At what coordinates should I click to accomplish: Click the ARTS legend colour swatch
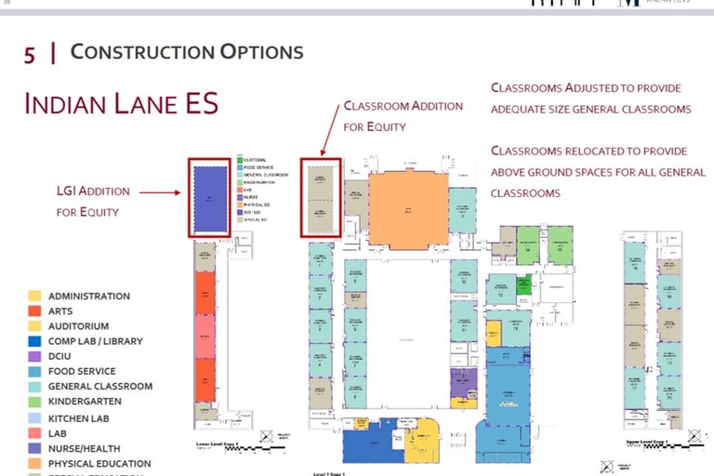[34, 311]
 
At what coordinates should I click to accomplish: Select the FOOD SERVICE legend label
[82, 371]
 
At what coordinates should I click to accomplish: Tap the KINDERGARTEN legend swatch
[34, 402]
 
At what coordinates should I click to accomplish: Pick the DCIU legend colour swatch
[34, 356]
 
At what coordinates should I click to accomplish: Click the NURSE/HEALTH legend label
[85, 448]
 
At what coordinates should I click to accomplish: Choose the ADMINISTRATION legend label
[89, 296]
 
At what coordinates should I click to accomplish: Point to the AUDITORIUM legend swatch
[34, 326]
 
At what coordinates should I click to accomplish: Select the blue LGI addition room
[210, 199]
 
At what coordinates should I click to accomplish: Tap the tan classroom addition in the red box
[321, 198]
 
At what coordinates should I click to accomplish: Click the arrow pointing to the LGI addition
[163, 194]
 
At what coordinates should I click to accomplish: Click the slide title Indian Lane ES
[121, 102]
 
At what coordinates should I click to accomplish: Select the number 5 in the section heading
[30, 54]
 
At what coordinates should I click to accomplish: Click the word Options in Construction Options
[260, 51]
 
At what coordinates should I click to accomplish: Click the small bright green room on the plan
[524, 284]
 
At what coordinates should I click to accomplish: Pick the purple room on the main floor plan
[463, 381]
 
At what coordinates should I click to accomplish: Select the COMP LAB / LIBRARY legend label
[96, 341]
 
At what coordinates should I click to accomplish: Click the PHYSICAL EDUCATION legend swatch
[34, 463]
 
